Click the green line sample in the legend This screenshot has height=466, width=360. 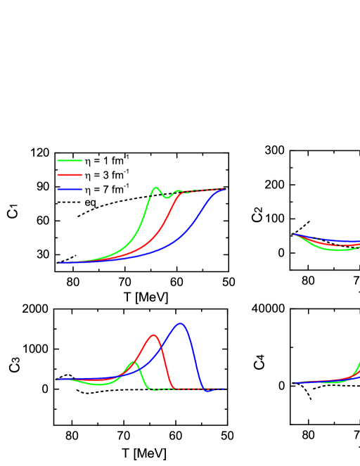tap(70, 161)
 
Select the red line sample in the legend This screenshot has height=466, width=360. tap(70, 175)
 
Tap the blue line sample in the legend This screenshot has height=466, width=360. tap(70, 189)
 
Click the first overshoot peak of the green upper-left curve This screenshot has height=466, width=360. tap(155, 188)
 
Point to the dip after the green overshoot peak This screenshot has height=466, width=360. tap(167, 198)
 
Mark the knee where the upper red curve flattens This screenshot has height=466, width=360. tap(181, 193)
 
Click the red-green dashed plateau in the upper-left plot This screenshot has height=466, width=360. tap(200, 190)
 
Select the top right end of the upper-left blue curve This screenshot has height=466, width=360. tap(224, 189)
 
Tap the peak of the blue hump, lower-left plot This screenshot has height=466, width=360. tap(181, 323)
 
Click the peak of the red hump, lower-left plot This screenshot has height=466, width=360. tap(154, 335)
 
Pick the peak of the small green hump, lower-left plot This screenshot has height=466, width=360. tap(133, 362)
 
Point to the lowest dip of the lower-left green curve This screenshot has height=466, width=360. tap(101, 384)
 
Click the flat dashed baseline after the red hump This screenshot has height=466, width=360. tap(186, 389)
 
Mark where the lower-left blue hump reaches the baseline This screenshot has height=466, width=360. tap(205, 389)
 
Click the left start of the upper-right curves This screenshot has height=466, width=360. tap(294, 234)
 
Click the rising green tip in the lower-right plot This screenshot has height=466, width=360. tap(358, 365)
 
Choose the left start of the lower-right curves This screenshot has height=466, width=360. tap(294, 383)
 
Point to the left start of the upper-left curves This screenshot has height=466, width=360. tap(58, 262)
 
